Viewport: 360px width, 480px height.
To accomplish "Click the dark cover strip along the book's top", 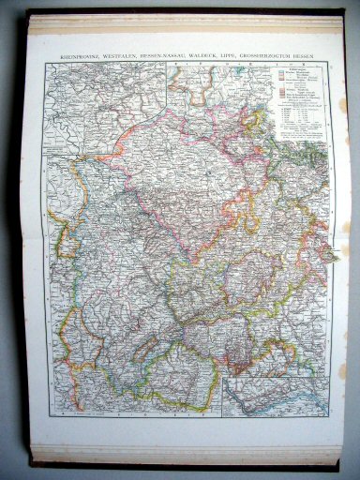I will [178, 11].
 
